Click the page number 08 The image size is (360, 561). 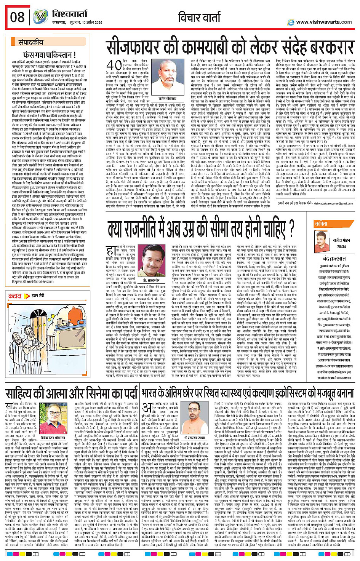point(18,17)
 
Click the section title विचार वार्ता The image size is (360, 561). point(199,17)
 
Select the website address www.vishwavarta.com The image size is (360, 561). point(324,22)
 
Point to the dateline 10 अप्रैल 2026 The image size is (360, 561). point(88,22)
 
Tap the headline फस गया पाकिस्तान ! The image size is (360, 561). point(50,55)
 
